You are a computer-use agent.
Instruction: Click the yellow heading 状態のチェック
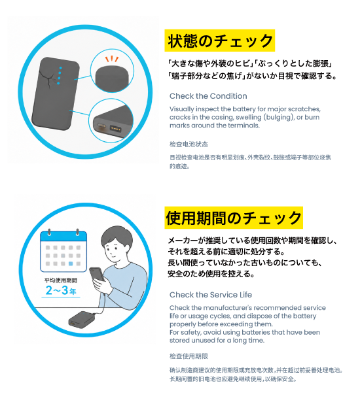click(219, 41)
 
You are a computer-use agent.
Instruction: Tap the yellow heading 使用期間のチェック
click(234, 218)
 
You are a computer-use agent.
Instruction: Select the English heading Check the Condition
click(208, 96)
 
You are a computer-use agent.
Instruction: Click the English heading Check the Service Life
click(211, 295)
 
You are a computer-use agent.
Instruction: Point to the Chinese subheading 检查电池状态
click(189, 144)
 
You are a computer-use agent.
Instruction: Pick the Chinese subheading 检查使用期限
click(189, 356)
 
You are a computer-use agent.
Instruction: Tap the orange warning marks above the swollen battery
click(112, 59)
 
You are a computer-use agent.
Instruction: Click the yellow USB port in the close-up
click(115, 128)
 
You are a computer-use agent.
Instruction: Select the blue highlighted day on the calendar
click(71, 263)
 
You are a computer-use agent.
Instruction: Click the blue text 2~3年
click(61, 290)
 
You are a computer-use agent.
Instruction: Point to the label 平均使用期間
click(61, 280)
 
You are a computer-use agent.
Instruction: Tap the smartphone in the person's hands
click(97, 274)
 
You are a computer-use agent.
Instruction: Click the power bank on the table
click(81, 319)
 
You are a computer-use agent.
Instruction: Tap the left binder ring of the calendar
click(49, 231)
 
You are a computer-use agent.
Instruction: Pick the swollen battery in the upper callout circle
click(112, 78)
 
